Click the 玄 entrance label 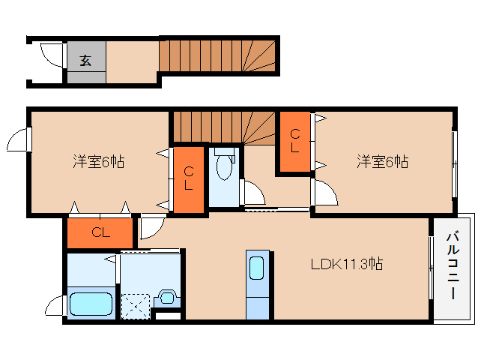pyautogui.click(x=85, y=61)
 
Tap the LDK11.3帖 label pyautogui.click(x=348, y=264)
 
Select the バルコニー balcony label pyautogui.click(x=453, y=267)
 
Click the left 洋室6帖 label pyautogui.click(x=98, y=161)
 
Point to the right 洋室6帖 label pyautogui.click(x=382, y=161)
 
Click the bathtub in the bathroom pyautogui.click(x=91, y=304)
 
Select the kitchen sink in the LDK pyautogui.click(x=256, y=268)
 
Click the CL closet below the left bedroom pyautogui.click(x=100, y=232)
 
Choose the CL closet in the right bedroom pyautogui.click(x=295, y=141)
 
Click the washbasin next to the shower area pyautogui.click(x=166, y=298)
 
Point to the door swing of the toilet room pyautogui.click(x=253, y=193)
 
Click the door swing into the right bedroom pyautogui.click(x=324, y=194)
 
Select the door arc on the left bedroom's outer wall pyautogui.click(x=19, y=140)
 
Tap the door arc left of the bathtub pyautogui.click(x=55, y=306)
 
